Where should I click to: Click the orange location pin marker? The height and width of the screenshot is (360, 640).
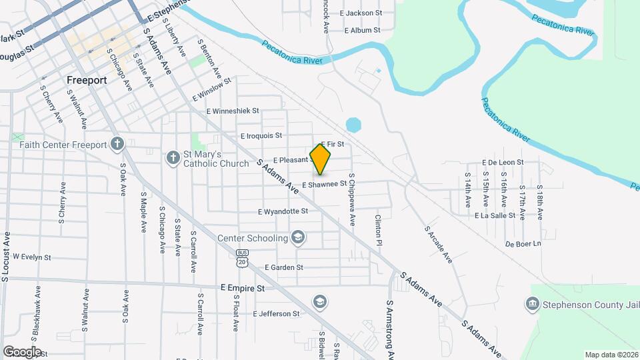click(x=321, y=159)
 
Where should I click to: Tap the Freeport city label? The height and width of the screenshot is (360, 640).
click(x=87, y=80)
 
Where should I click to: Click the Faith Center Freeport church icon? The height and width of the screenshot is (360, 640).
click(x=117, y=144)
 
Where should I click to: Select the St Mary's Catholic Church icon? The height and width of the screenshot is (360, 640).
click(x=172, y=157)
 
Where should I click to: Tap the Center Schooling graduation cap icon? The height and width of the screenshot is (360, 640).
click(x=298, y=238)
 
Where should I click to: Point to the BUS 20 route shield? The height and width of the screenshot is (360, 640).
click(x=241, y=259)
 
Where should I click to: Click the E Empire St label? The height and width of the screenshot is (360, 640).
click(x=243, y=288)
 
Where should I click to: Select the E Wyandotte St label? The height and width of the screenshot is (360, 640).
click(x=283, y=211)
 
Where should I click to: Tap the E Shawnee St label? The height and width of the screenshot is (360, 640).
click(x=325, y=184)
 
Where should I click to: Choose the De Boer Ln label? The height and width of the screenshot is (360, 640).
click(x=523, y=244)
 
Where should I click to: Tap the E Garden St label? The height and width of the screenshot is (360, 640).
click(x=283, y=267)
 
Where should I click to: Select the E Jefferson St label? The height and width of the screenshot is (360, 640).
click(x=276, y=313)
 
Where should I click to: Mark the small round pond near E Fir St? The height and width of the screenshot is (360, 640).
click(x=353, y=125)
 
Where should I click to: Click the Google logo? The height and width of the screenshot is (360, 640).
click(x=22, y=351)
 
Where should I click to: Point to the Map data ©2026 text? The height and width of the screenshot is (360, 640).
click(x=611, y=355)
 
